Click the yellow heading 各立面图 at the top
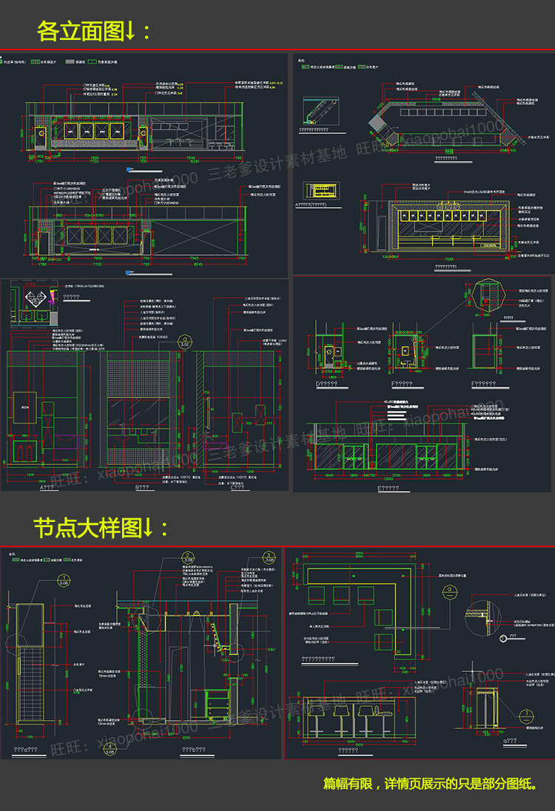click(93, 31)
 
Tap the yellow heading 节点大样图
click(101, 527)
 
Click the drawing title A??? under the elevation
click(50, 488)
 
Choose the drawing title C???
click(239, 488)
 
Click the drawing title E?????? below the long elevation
click(390, 488)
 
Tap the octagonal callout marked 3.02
click(185, 343)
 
